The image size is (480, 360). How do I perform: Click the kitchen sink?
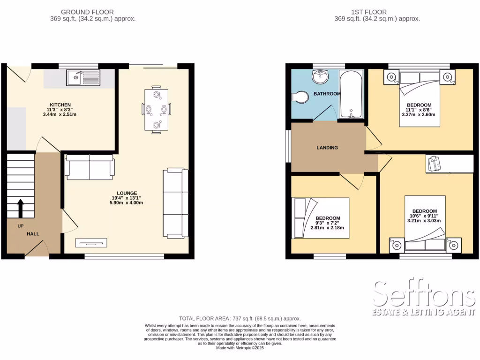pos(83,78)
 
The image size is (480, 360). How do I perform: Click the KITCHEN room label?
pos(60,105)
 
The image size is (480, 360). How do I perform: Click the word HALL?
pos(33,233)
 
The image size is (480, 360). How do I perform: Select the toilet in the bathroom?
pos(300,97)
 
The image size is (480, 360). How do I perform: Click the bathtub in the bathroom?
pos(351,94)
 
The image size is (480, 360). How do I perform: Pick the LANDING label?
pos(327,148)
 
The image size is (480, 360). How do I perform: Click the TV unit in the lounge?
pos(92,243)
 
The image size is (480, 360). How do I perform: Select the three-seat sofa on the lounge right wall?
pos(175,203)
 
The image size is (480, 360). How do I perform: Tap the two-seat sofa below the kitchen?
pos(90,167)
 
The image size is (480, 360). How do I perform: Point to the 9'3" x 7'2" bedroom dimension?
pos(327,223)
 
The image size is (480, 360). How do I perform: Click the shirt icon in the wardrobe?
pos(435,164)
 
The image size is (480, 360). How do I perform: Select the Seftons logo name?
pos(424,295)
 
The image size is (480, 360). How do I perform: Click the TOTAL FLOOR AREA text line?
pos(240,319)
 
